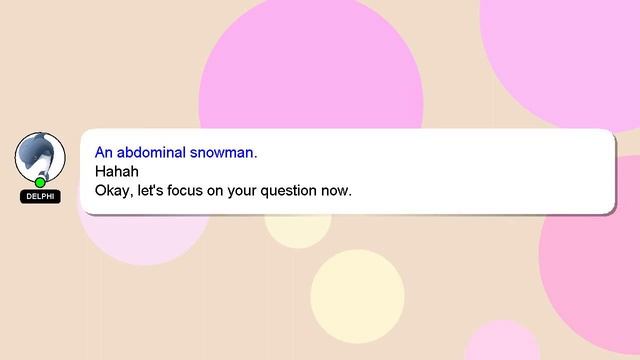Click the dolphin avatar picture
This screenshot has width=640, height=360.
pyautogui.click(x=39, y=155)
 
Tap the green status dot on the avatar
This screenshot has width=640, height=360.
pyautogui.click(x=40, y=182)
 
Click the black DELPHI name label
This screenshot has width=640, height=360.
pyautogui.click(x=40, y=197)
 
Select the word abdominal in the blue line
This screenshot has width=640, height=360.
pyautogui.click(x=156, y=153)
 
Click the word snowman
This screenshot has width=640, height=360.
pyautogui.click(x=226, y=153)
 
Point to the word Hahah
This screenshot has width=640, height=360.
pyautogui.click(x=114, y=171)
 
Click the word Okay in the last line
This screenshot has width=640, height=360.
pyautogui.click(x=112, y=189)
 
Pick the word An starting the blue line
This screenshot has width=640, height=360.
pyautogui.click(x=104, y=153)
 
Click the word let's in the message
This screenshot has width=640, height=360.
pyautogui.click(x=152, y=189)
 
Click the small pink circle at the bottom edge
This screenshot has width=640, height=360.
pyautogui.click(x=503, y=345)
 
